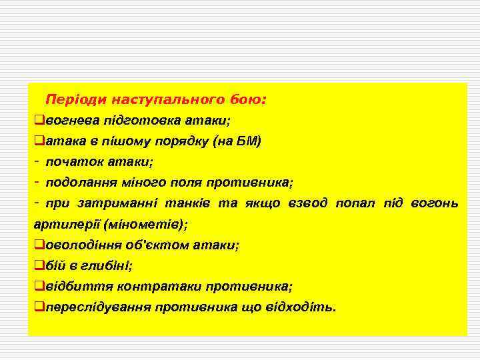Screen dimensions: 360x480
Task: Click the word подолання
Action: coord(80,183)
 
